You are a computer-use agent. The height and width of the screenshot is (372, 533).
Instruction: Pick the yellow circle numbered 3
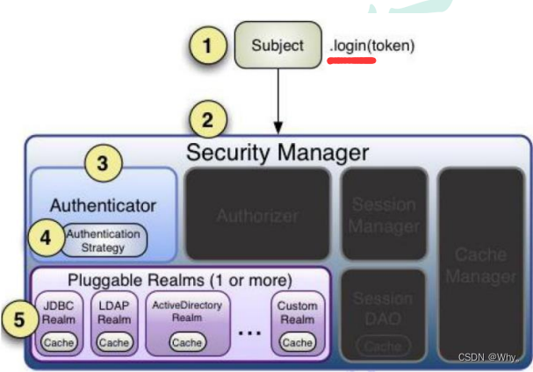tap(103, 162)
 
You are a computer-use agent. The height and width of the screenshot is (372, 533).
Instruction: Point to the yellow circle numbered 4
tap(47, 237)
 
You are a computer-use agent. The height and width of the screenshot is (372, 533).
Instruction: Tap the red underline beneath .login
tap(350, 61)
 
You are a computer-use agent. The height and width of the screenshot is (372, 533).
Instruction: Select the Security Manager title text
tap(277, 152)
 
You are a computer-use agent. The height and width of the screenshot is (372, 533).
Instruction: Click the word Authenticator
tap(103, 205)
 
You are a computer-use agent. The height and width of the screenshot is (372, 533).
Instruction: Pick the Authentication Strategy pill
tap(104, 240)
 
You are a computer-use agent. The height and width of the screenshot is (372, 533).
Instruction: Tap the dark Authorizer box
tap(257, 214)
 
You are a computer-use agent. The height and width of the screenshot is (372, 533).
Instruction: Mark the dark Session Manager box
tap(384, 214)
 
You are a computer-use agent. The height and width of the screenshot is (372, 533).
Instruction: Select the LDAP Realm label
tap(114, 312)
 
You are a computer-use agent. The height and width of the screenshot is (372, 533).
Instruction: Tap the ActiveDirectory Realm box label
tap(187, 311)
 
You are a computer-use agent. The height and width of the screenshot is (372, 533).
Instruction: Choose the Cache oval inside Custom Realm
tap(297, 341)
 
